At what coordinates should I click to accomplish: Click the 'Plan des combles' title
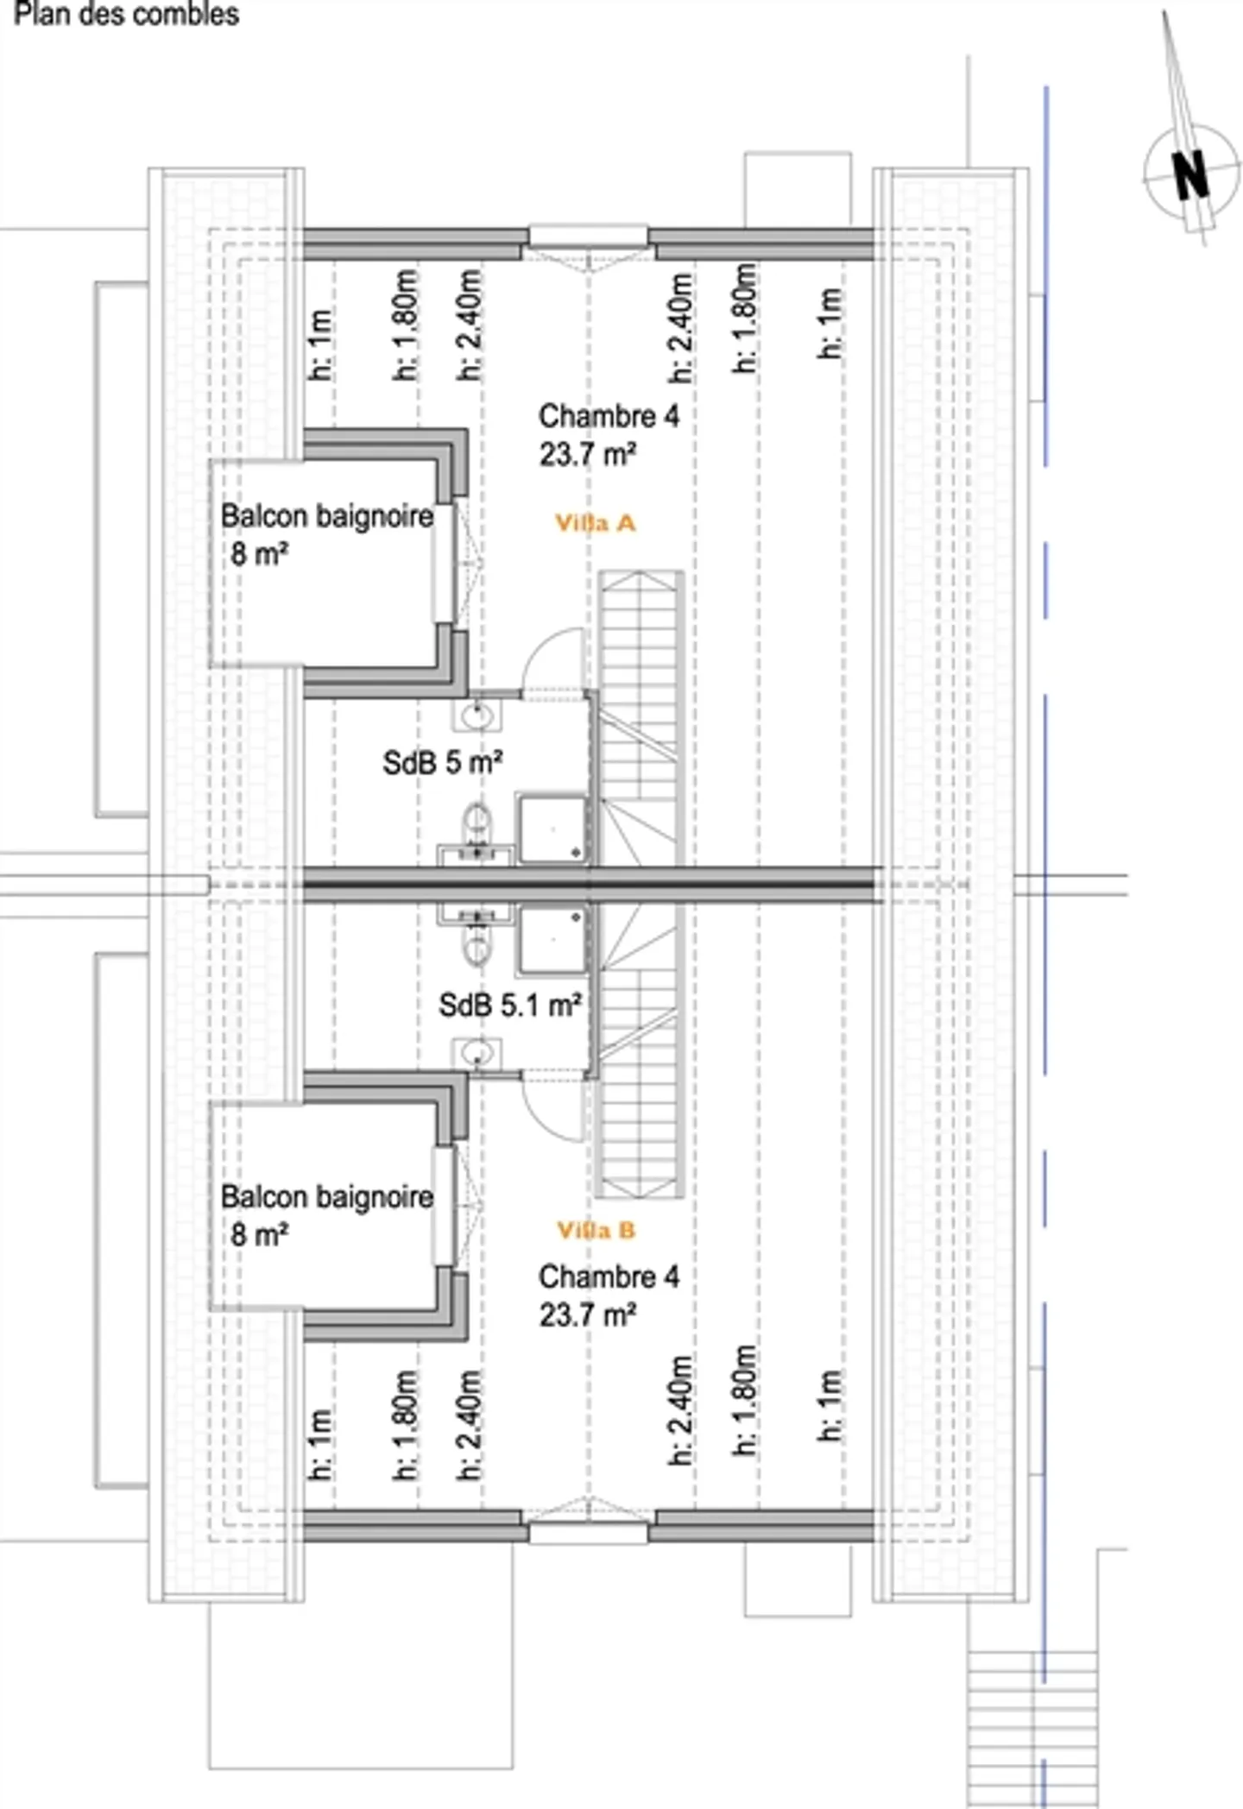(x=126, y=15)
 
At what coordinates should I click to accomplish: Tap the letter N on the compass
(x=1190, y=175)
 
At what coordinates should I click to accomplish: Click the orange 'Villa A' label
(x=595, y=523)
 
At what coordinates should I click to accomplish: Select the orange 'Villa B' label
(x=596, y=1230)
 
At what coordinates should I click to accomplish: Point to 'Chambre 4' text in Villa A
(x=609, y=416)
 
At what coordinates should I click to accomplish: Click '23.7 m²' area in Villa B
(x=588, y=1314)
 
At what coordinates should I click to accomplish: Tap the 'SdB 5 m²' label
(x=442, y=762)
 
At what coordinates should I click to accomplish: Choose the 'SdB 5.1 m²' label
(x=509, y=1005)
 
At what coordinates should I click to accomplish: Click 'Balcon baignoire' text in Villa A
(x=326, y=516)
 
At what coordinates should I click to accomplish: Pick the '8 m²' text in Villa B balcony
(x=259, y=1234)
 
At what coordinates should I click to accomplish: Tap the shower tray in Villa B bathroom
(x=552, y=941)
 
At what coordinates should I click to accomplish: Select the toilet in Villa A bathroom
(x=476, y=822)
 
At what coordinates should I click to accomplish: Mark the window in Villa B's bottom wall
(x=588, y=1533)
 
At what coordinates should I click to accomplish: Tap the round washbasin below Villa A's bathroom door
(x=476, y=715)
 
